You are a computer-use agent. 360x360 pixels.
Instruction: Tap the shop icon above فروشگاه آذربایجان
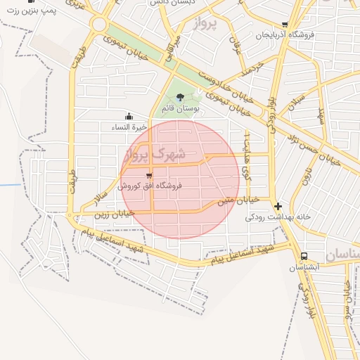284,24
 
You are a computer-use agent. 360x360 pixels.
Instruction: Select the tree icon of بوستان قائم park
181,96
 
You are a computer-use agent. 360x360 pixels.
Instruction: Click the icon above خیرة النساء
129,116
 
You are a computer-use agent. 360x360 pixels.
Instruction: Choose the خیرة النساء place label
129,127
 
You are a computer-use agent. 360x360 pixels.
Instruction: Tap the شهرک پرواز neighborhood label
154,153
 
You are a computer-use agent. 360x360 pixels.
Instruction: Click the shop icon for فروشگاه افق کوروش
148,175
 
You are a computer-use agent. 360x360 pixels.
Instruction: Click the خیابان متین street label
238,200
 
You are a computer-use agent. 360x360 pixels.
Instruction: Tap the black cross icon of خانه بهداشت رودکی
278,207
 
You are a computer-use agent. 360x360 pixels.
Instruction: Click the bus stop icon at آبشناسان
304,257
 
